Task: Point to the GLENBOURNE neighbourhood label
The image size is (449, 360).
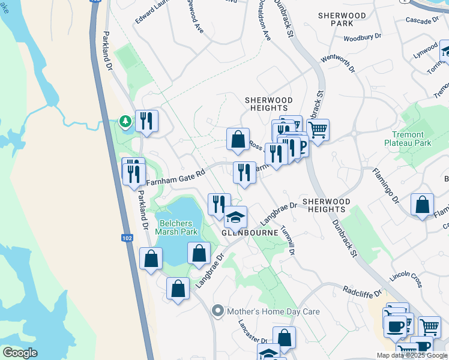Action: coord(250,232)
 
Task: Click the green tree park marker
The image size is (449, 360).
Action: coord(125,122)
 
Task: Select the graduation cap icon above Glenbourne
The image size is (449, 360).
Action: coord(236,217)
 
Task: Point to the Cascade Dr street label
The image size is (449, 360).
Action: coord(422,21)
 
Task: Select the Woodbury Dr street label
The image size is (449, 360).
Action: coord(362,38)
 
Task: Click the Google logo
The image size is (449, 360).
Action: coord(20,353)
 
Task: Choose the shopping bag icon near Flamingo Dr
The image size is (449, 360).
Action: coord(423,204)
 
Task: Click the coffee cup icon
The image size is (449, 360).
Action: coord(395,326)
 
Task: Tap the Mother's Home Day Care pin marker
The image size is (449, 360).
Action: coord(217,311)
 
